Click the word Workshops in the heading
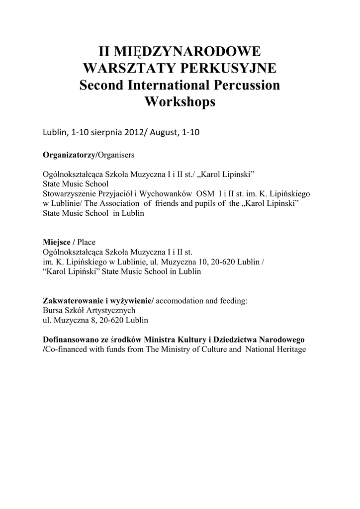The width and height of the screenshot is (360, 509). tap(180, 102)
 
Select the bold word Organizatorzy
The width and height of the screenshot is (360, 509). tap(69, 155)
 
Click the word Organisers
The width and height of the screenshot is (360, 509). tap(116, 155)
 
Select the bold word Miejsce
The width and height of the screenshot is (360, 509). tap(57, 242)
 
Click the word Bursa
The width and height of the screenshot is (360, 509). tap(53, 310)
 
